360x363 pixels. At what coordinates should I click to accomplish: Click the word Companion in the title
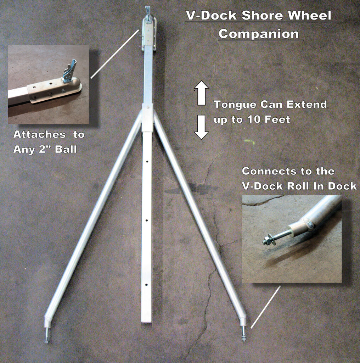(259, 34)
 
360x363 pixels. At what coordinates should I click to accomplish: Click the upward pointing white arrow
(201, 93)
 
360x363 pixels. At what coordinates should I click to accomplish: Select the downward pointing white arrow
(201, 127)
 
